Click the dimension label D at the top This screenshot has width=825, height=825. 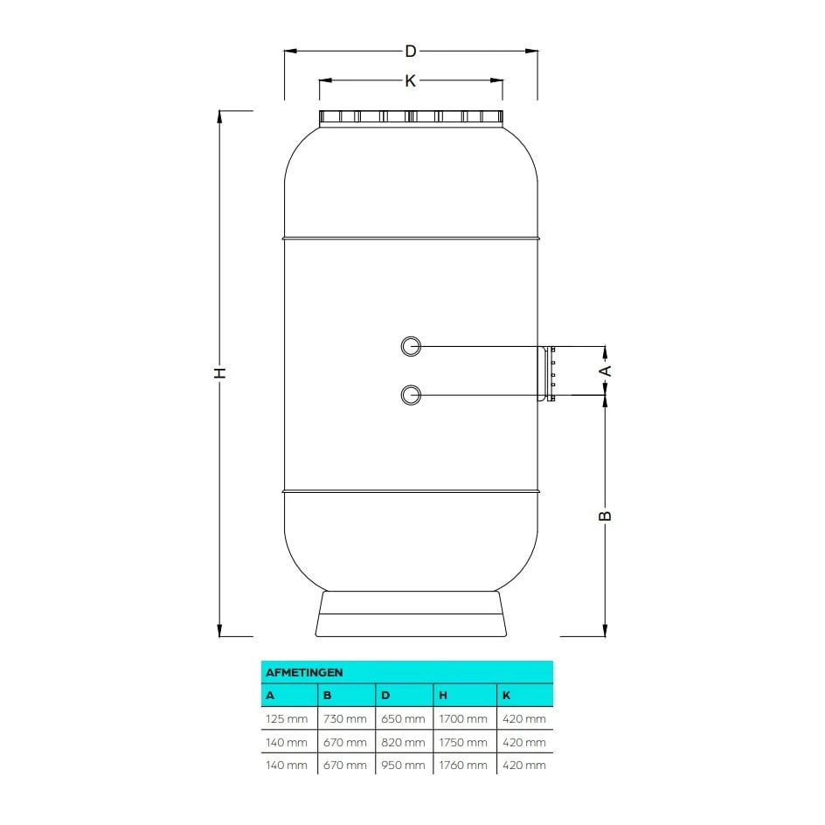click(x=410, y=51)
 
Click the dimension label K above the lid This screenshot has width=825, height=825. click(x=410, y=80)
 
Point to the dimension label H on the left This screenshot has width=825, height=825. click(x=220, y=372)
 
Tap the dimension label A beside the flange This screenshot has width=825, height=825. click(x=605, y=371)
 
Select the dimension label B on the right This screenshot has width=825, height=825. click(x=605, y=516)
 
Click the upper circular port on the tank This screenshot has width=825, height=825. click(x=410, y=347)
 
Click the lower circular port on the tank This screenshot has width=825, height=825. click(x=410, y=395)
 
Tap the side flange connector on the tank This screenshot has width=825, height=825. click(x=548, y=372)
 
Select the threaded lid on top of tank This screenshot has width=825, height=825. click(x=411, y=118)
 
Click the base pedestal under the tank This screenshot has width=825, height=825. click(x=411, y=614)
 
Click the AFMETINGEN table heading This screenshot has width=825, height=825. click(x=304, y=672)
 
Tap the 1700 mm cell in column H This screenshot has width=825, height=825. click(x=463, y=719)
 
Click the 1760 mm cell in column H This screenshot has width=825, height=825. click(x=463, y=765)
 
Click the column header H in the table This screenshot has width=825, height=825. click(x=443, y=696)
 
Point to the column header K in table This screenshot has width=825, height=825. click(x=506, y=696)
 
